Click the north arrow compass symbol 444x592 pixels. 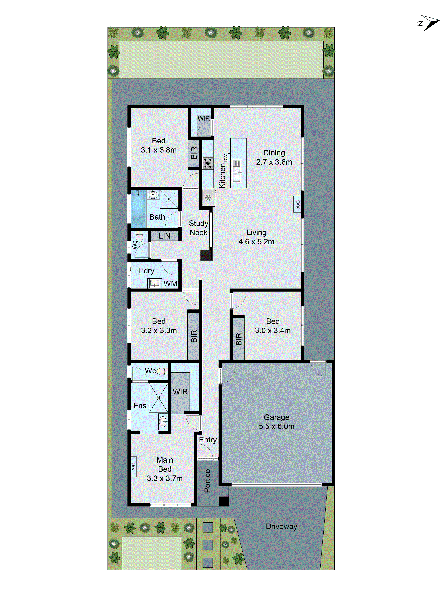429,23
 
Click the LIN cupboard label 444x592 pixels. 164,236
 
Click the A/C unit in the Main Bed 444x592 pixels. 133,467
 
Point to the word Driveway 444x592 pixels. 281,526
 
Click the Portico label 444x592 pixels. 207,481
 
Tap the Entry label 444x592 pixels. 208,440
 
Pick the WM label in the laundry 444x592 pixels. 170,283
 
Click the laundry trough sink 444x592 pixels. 154,283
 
